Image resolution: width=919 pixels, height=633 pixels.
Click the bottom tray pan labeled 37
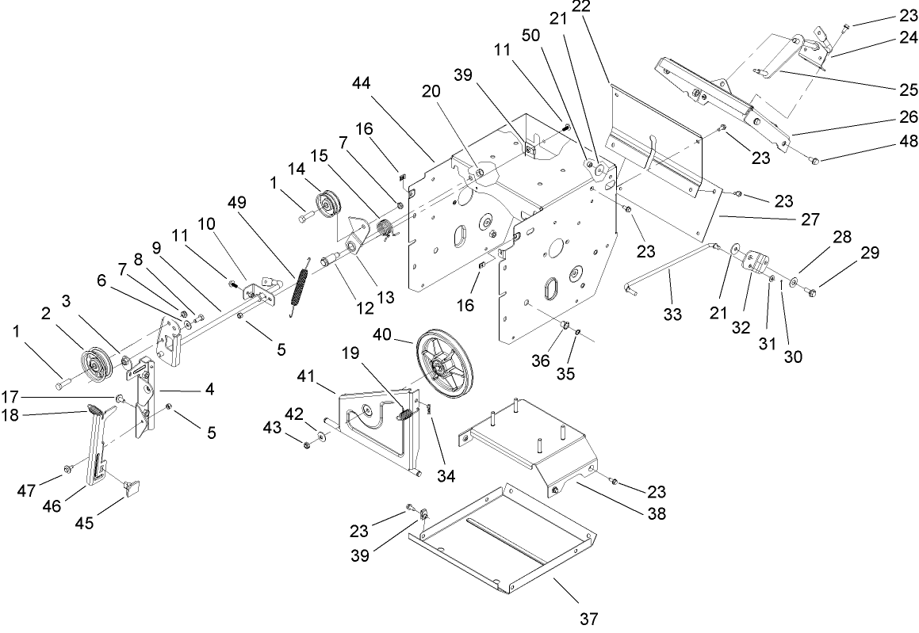507,547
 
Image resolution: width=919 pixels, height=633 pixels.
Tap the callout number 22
603,6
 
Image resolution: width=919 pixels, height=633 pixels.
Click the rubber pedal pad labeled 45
131,485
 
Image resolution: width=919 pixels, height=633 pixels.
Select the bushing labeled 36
565,326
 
